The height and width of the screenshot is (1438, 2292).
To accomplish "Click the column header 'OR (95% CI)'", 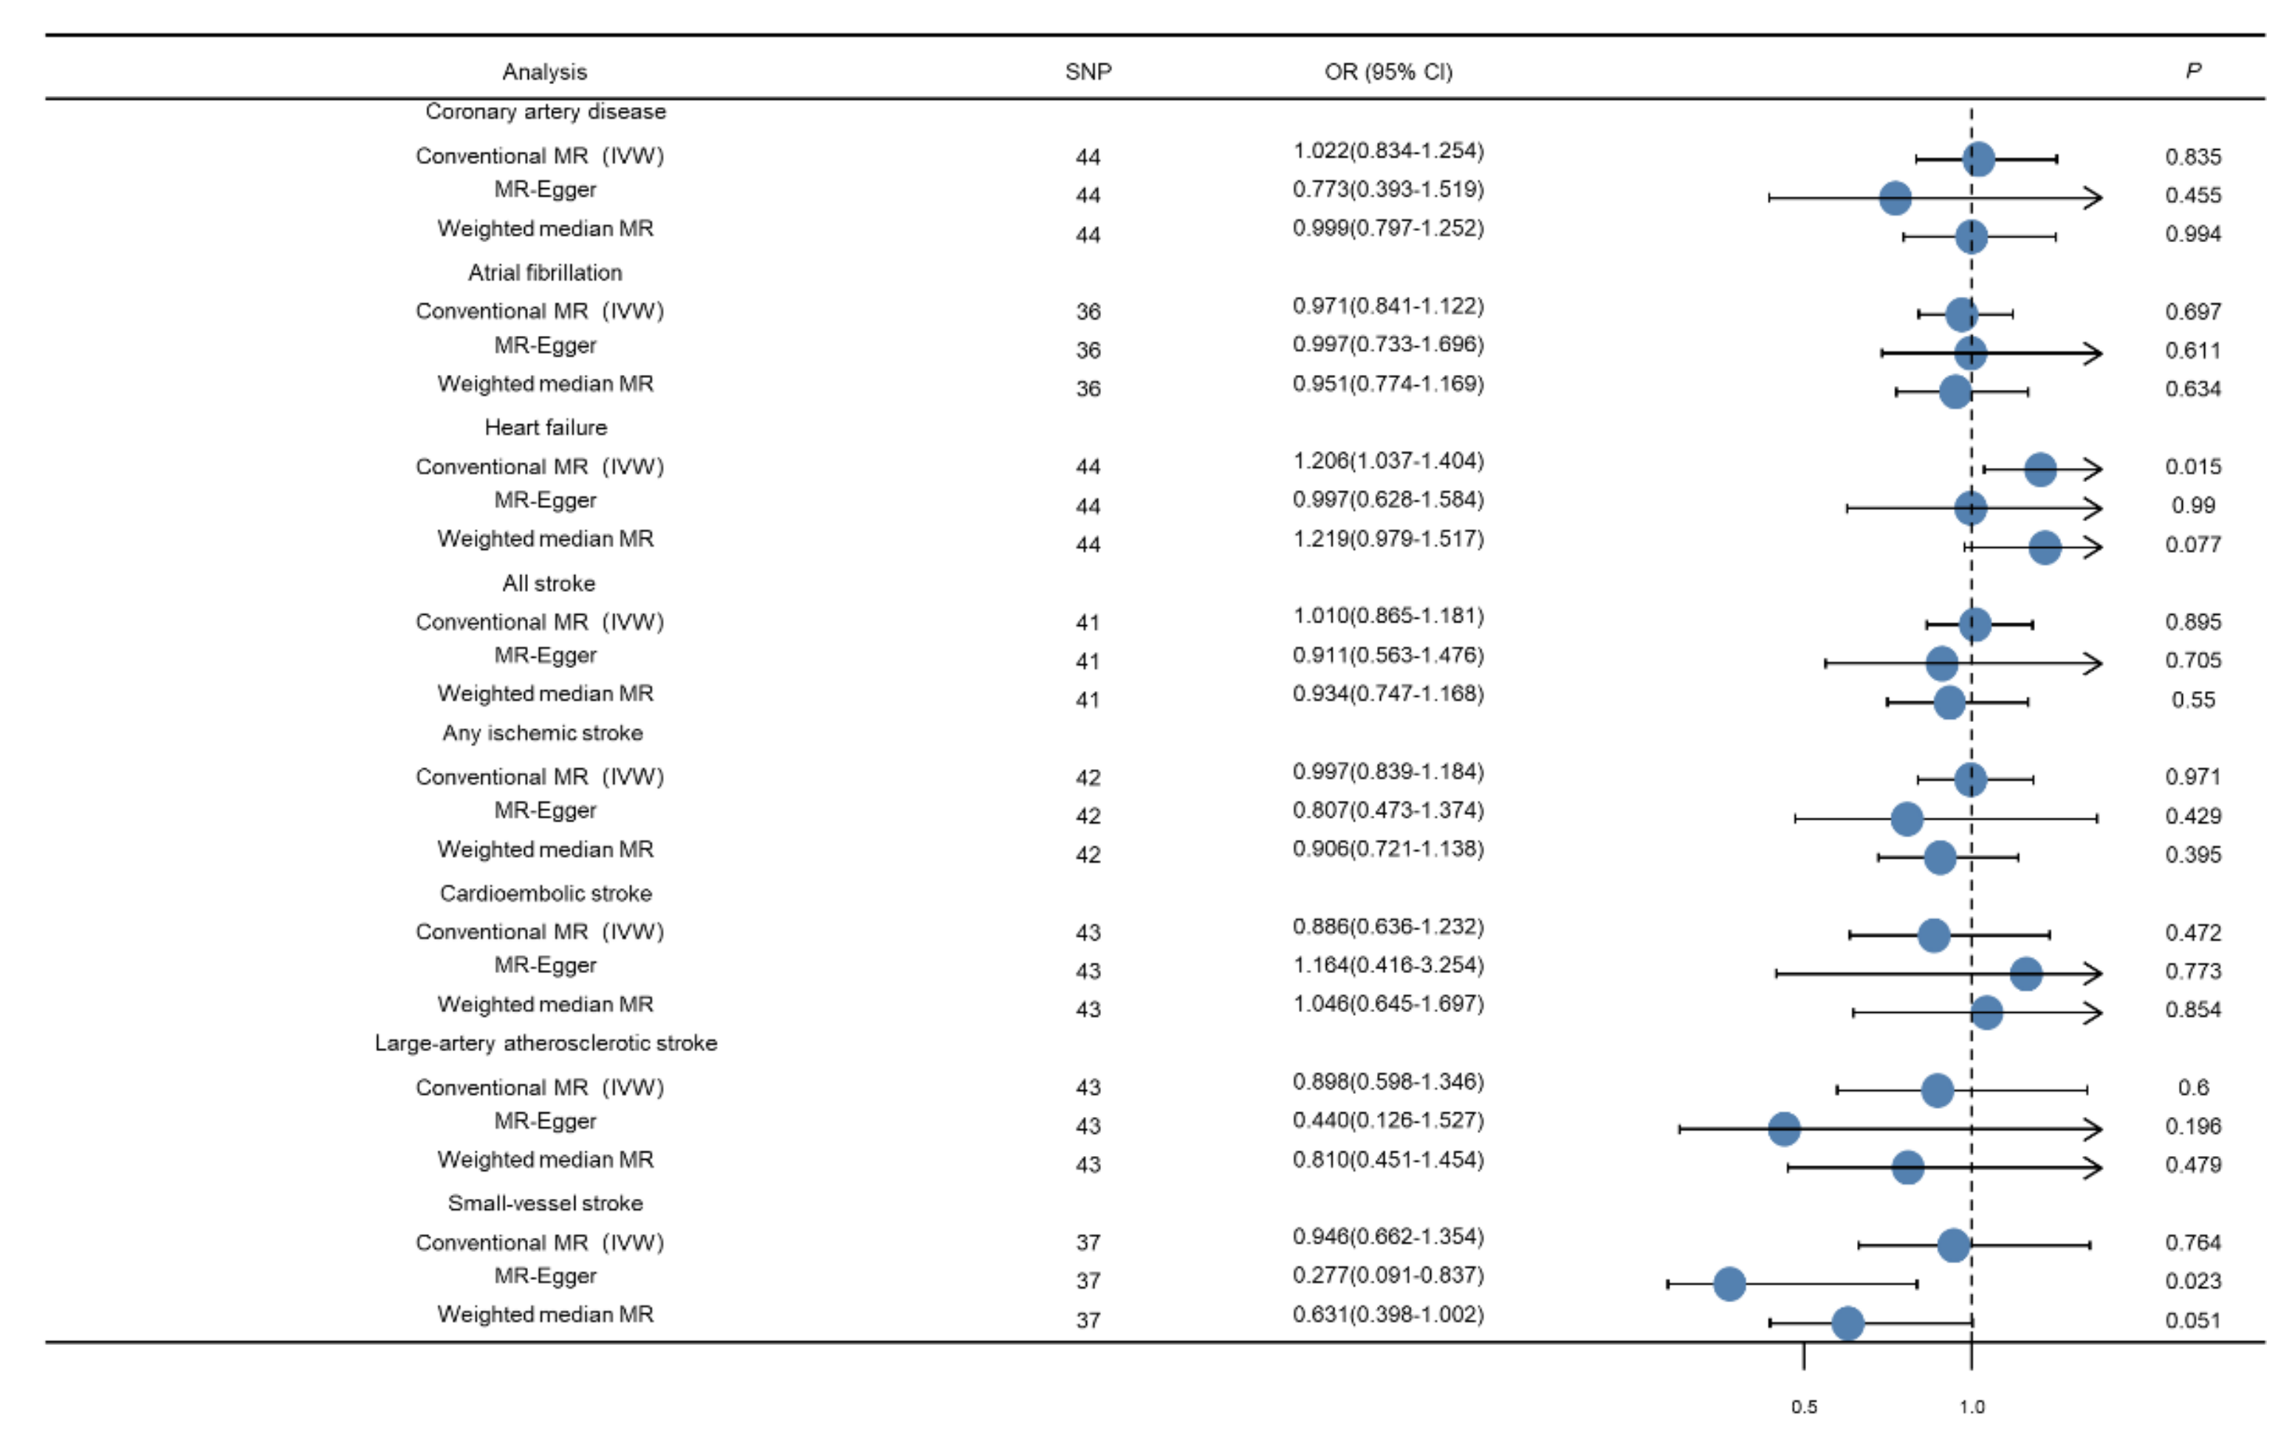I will (x=1387, y=72).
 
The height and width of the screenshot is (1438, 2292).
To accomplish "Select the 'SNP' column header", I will (x=1088, y=72).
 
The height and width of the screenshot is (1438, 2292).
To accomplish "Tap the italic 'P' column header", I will (x=2192, y=70).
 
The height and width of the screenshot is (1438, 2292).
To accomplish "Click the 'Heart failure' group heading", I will (x=545, y=427).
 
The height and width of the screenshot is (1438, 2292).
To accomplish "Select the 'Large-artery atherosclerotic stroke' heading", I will (x=545, y=1042).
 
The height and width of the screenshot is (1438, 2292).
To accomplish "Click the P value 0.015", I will (x=2192, y=466).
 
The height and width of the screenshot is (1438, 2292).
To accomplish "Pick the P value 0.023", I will (x=2192, y=1280).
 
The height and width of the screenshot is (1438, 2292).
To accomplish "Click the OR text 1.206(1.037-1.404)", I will (x=1387, y=461).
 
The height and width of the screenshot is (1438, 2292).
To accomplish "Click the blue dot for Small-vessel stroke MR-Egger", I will (x=1729, y=1284).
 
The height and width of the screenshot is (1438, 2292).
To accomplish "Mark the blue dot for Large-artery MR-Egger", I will (x=1784, y=1129).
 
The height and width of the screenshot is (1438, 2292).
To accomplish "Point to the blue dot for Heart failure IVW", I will (x=2040, y=469).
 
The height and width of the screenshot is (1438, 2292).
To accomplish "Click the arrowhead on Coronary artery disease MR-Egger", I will (x=2093, y=198).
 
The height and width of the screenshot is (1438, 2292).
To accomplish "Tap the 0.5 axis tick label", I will (x=1803, y=1406).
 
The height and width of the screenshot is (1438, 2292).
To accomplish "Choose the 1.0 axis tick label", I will (x=1971, y=1406).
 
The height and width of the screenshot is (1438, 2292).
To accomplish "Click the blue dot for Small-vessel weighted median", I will (x=1847, y=1323).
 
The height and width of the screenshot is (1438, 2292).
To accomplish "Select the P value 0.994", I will (x=2192, y=233).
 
